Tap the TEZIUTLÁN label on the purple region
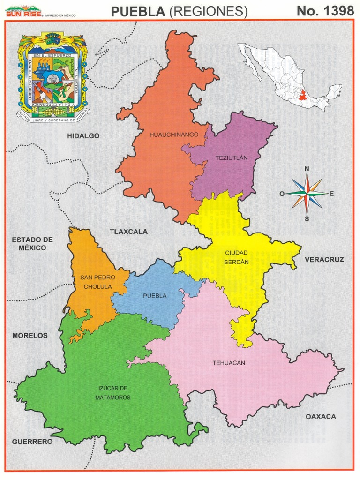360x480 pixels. (231, 158)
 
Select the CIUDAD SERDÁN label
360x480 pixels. (236, 257)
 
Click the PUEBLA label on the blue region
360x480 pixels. (155, 296)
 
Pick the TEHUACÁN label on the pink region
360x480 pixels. (229, 363)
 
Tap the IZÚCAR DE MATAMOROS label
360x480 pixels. (114, 393)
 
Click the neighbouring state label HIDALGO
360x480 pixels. (83, 136)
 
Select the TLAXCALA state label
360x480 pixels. (129, 232)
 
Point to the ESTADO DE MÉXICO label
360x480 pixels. (32, 243)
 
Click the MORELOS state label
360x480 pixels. (30, 336)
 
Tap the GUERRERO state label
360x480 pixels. (32, 442)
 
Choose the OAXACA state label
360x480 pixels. (321, 416)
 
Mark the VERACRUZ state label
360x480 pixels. (324, 259)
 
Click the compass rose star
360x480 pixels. (307, 193)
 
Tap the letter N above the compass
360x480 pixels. (307, 169)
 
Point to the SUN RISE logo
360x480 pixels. (23, 12)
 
